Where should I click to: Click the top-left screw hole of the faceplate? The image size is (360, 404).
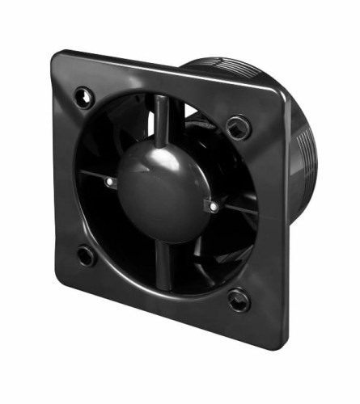point(83,96)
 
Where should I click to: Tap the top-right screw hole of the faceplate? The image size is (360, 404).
point(238,126)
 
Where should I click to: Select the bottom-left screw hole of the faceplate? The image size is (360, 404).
point(85,256)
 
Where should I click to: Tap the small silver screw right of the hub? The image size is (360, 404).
point(213,207)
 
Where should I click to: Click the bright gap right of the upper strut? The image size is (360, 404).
point(186,113)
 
